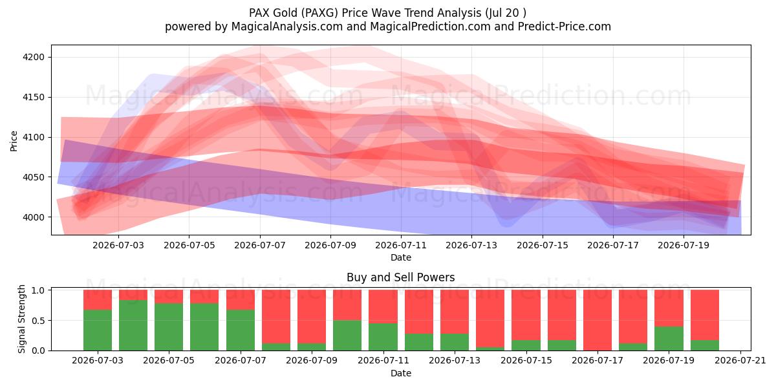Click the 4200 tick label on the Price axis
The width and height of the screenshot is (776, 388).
(x=34, y=57)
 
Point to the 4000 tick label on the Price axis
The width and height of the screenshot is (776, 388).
(x=34, y=217)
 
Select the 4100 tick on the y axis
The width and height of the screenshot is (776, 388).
(x=34, y=137)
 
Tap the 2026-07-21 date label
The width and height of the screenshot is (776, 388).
(x=740, y=361)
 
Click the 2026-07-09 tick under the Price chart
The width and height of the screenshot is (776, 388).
(x=330, y=245)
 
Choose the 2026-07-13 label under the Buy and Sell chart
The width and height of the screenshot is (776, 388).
(x=455, y=361)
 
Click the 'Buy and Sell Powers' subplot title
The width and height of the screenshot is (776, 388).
(x=401, y=277)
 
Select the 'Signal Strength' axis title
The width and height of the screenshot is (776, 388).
(x=21, y=319)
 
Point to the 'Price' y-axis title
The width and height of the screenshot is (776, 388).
(x=14, y=141)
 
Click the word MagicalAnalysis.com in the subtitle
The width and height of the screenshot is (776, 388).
(x=287, y=27)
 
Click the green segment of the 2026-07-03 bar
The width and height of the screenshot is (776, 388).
(x=98, y=330)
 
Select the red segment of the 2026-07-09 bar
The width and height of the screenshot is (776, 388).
(x=312, y=317)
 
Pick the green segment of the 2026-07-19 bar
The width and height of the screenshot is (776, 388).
(x=669, y=338)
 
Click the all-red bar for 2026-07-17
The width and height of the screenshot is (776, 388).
(x=598, y=320)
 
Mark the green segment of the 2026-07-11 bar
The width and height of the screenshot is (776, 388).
(x=383, y=337)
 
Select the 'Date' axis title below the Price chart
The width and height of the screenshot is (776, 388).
(x=401, y=257)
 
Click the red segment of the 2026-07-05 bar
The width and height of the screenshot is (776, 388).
(x=169, y=297)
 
